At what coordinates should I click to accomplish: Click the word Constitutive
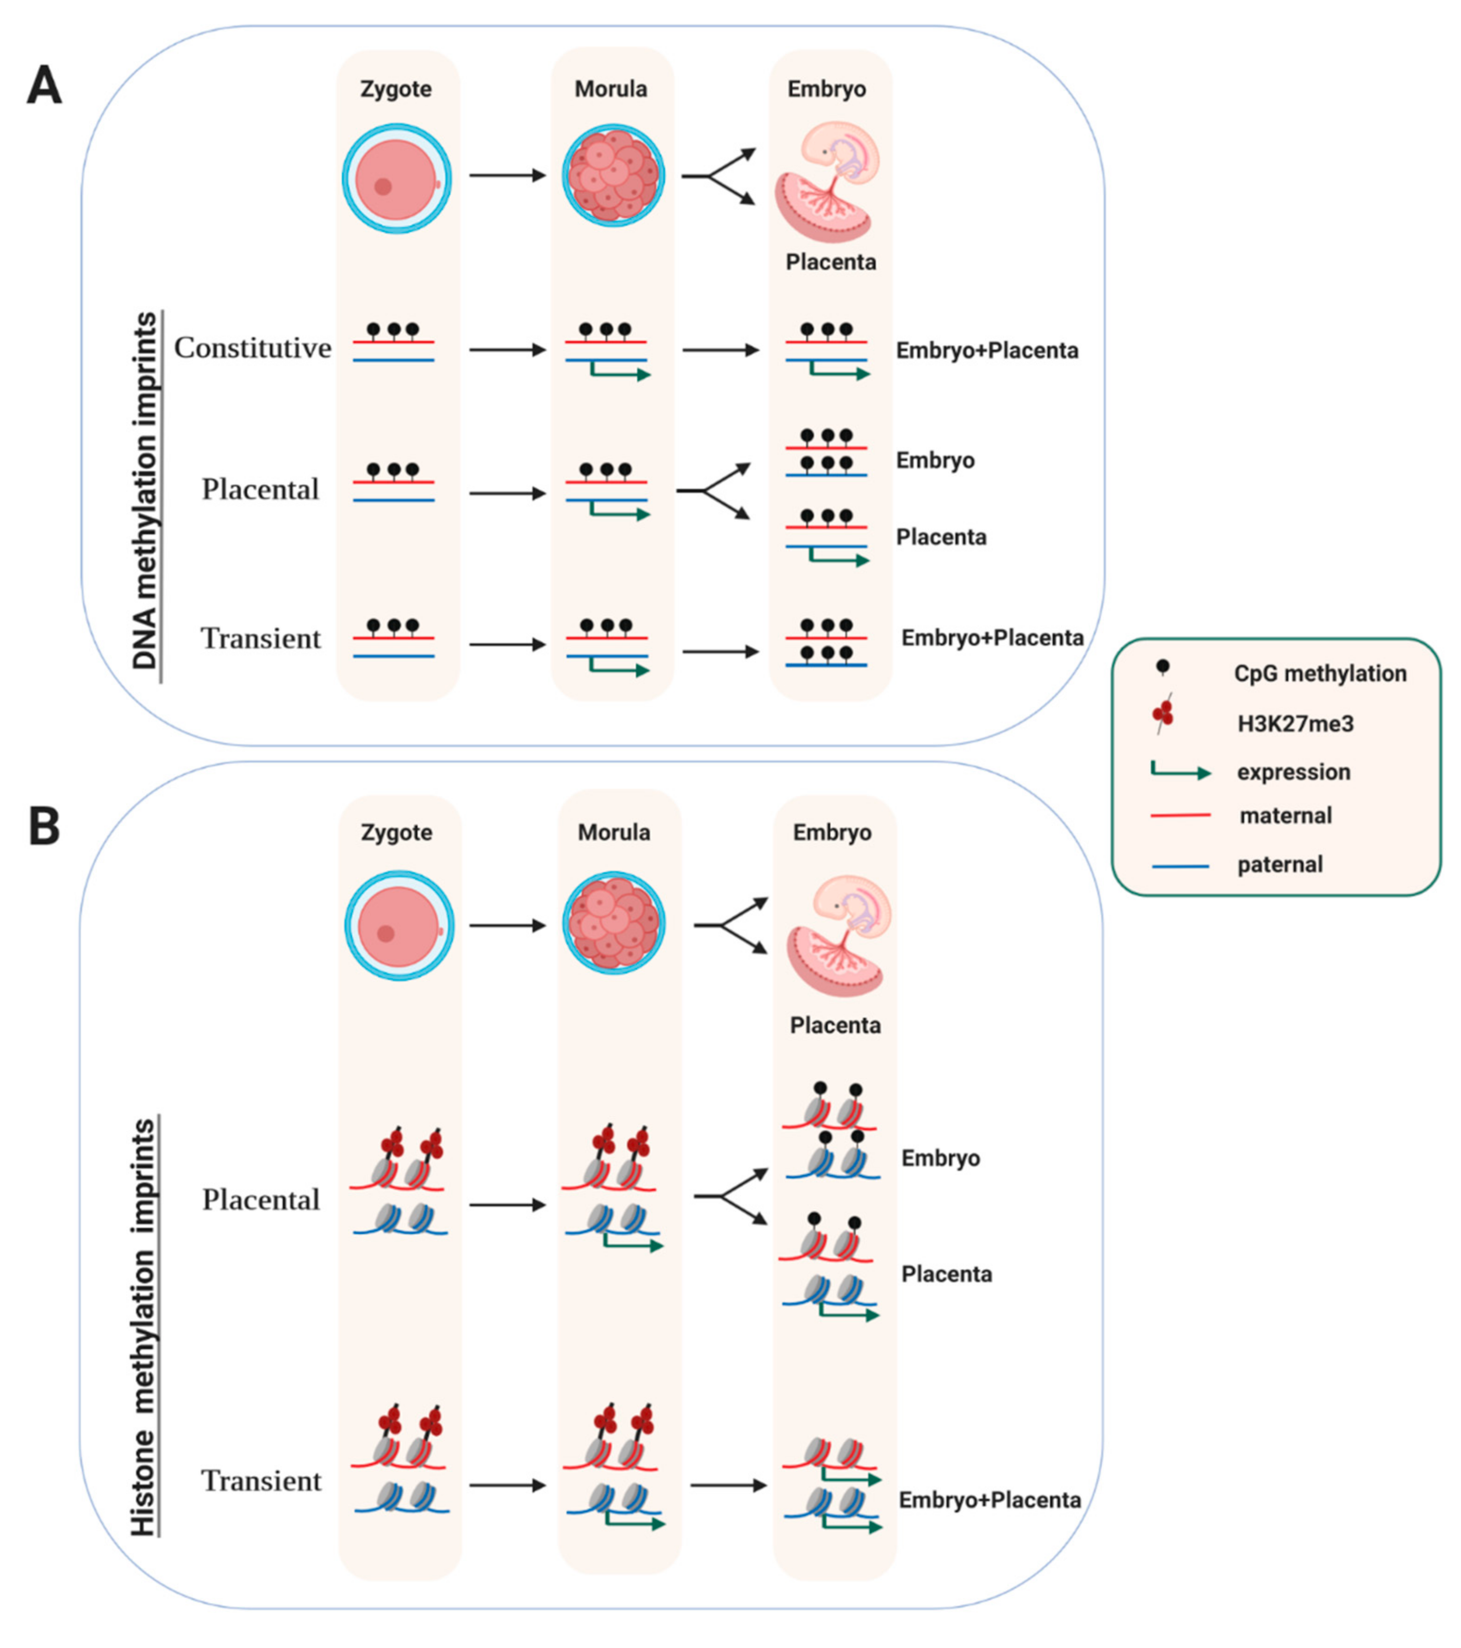click(253, 348)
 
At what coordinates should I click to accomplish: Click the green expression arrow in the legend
click(1180, 772)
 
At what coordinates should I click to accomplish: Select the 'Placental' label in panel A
click(260, 489)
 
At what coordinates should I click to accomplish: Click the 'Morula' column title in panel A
click(611, 89)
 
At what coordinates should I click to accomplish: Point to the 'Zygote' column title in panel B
click(396, 832)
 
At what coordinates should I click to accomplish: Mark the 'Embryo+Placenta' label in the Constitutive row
click(987, 351)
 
